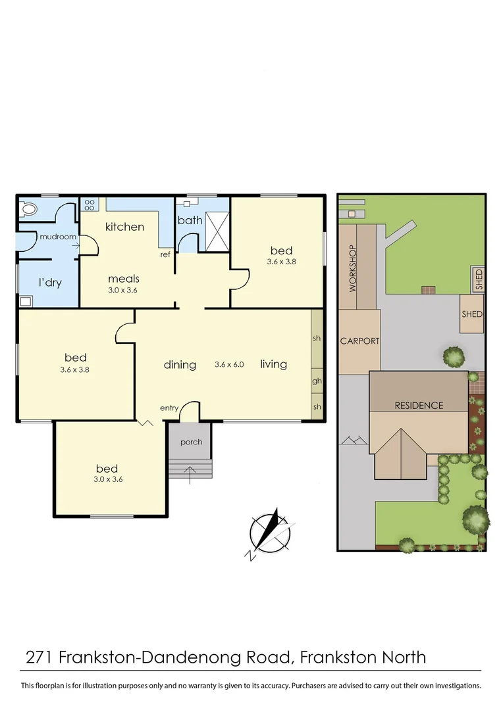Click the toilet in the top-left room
[29, 210]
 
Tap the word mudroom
[58, 237]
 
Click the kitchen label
[124, 227]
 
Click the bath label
[190, 220]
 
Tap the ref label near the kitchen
[166, 254]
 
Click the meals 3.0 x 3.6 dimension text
[124, 289]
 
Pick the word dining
[180, 364]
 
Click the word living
[273, 364]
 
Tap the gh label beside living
[317, 381]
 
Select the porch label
[191, 442]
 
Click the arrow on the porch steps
[191, 470]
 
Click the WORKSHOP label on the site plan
[352, 269]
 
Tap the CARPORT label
[359, 341]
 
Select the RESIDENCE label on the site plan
[419, 406]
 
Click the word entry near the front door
[169, 408]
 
